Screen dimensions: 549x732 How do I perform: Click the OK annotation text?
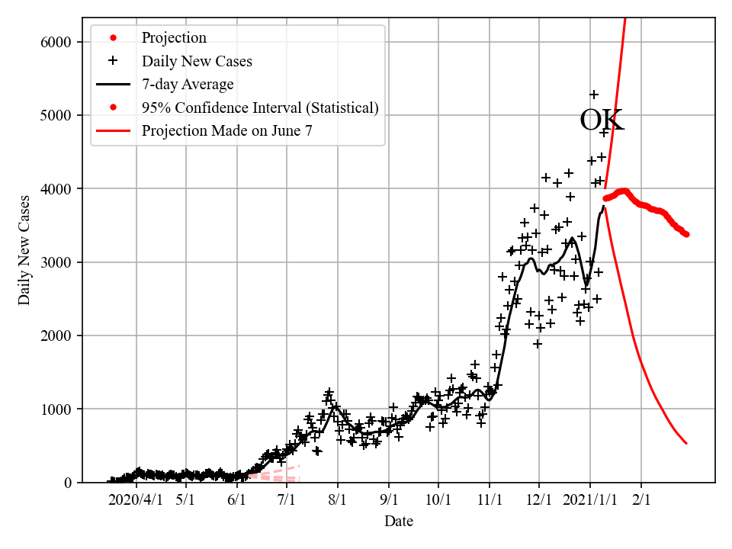pos(602,120)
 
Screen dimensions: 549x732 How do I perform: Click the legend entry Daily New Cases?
pos(196,61)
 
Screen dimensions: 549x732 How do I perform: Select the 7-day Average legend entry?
pos(187,84)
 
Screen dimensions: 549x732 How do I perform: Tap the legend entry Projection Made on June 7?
pos(226,130)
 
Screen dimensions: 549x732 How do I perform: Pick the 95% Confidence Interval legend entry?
pos(259,108)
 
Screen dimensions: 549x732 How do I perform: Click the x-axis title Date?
pos(399,522)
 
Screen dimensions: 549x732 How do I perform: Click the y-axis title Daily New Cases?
pos(25,250)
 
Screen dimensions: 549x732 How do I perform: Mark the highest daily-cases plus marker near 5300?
pos(594,95)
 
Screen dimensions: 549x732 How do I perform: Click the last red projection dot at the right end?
pos(686,234)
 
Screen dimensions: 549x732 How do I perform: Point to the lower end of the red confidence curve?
pos(686,443)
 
